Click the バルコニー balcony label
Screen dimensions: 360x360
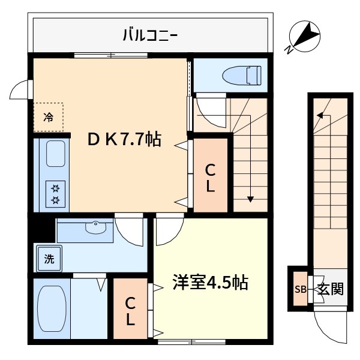(150, 34)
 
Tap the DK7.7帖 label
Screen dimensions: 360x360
(125, 140)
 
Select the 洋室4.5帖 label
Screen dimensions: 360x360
(210, 282)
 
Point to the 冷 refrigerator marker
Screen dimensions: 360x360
(48, 118)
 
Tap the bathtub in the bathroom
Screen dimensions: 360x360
(50, 310)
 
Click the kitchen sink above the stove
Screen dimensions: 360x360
(55, 155)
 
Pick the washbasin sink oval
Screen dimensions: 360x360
(95, 227)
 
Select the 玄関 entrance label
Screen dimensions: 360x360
(330, 289)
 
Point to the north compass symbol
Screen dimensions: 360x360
(308, 35)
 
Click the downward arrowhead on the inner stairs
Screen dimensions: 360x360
(250, 199)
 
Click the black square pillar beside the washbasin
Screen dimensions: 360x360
(41, 229)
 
